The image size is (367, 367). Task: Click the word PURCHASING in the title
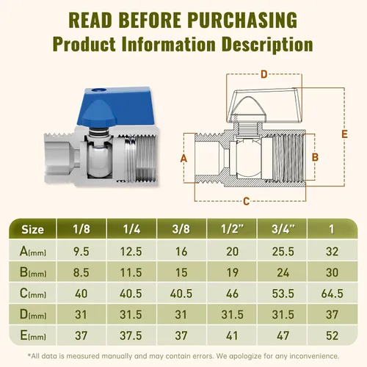click(243, 20)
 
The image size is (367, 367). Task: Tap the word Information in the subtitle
click(169, 44)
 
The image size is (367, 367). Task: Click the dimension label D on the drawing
click(264, 74)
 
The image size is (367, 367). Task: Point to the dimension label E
click(344, 134)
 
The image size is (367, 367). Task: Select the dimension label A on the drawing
click(183, 159)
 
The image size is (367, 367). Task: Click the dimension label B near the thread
click(315, 157)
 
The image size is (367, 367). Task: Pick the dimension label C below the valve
click(246, 201)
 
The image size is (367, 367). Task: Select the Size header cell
click(32, 229)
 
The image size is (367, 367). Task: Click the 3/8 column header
click(181, 229)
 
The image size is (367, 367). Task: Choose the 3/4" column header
click(283, 229)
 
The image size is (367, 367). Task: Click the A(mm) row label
click(33, 251)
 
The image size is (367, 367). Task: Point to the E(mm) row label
click(33, 335)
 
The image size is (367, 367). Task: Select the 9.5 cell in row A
click(81, 252)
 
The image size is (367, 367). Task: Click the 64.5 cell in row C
click(332, 294)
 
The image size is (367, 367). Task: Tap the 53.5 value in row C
click(283, 294)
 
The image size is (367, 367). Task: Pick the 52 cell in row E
click(332, 335)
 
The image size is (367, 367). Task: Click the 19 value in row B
click(232, 272)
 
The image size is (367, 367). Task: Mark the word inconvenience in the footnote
click(314, 356)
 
